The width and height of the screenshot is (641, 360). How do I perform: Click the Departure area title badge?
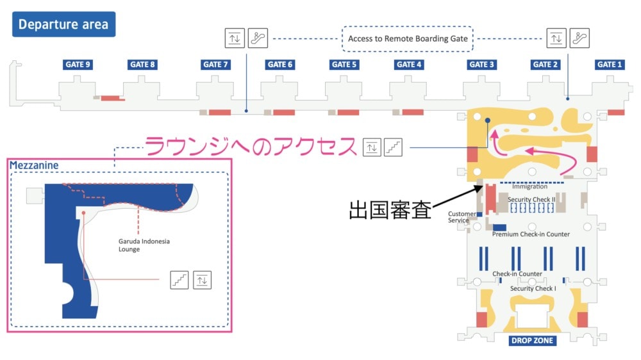(x=63, y=24)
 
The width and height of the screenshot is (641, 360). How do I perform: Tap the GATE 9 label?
(x=78, y=65)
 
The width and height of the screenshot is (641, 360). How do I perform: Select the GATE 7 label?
(x=215, y=65)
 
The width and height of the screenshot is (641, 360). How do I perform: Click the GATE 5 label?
(x=344, y=65)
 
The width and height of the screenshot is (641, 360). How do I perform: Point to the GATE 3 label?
(x=481, y=65)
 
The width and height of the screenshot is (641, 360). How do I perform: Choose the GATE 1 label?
(x=610, y=65)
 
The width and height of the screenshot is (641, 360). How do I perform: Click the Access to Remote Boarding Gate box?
(x=408, y=39)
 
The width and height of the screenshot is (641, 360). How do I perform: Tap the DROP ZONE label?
(x=532, y=340)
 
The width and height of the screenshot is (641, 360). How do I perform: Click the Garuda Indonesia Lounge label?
(x=144, y=245)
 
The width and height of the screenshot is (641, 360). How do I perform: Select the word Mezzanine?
(x=34, y=165)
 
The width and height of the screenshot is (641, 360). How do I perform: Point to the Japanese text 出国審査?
(x=390, y=210)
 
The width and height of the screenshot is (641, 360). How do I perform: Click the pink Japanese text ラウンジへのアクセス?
(x=251, y=146)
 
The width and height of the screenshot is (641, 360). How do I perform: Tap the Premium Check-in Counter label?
(x=531, y=234)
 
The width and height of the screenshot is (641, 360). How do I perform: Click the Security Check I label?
(x=533, y=288)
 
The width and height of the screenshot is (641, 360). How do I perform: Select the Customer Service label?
(x=462, y=217)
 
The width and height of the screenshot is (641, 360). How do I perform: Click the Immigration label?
(x=530, y=186)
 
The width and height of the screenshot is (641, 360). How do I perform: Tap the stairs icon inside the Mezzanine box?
(x=179, y=281)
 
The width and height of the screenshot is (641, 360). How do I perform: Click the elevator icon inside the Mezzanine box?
(x=202, y=281)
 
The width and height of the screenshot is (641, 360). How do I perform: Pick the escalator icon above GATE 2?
(x=579, y=38)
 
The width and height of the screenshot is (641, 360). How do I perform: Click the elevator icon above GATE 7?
(x=235, y=38)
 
